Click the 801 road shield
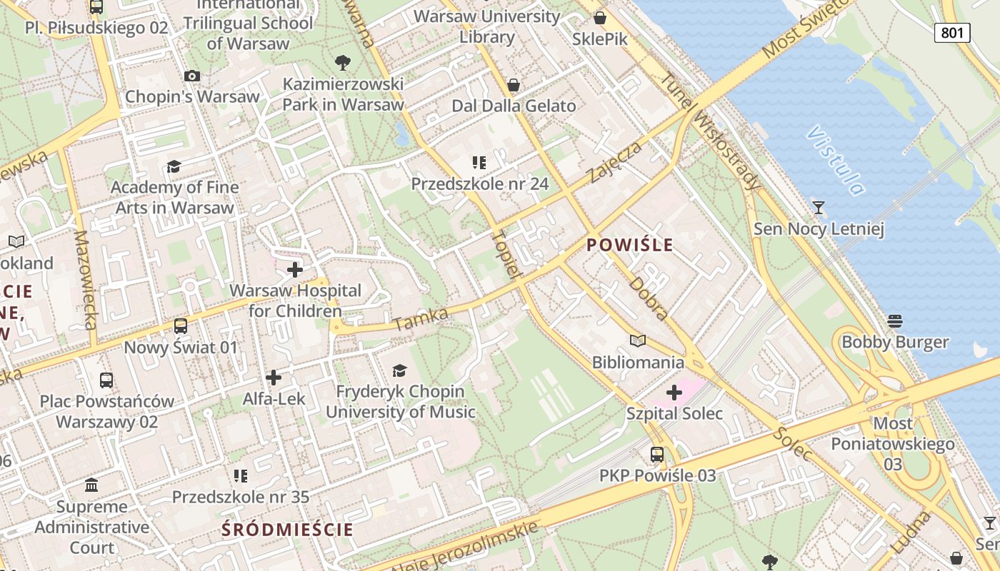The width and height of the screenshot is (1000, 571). tap(952, 32)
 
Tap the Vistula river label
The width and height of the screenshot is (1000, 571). tap(835, 161)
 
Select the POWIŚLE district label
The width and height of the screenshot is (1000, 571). tap(629, 246)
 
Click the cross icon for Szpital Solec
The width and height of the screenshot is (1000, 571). tap(674, 393)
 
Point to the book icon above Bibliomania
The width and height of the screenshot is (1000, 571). tap(637, 341)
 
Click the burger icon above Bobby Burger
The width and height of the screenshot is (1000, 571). tap(895, 320)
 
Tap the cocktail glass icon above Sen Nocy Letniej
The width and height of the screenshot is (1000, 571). tap(819, 208)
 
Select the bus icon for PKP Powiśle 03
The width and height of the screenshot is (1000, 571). tap(656, 454)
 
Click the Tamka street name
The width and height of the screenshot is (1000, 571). tap(421, 320)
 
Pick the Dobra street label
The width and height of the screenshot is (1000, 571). tap(649, 299)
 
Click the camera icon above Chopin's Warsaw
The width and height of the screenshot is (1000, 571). tap(191, 76)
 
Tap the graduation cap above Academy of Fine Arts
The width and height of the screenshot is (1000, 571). tap(174, 167)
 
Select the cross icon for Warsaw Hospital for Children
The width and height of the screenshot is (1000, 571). tap(294, 270)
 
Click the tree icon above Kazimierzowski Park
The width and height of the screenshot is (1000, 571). tap(343, 62)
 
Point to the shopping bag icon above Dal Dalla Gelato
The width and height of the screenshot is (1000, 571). tap(513, 86)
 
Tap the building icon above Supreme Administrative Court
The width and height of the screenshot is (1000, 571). tap(91, 485)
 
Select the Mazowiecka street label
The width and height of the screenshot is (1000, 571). tap(84, 280)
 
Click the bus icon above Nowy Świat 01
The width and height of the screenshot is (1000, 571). tap(181, 326)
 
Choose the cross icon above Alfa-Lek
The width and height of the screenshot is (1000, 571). tap(273, 378)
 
